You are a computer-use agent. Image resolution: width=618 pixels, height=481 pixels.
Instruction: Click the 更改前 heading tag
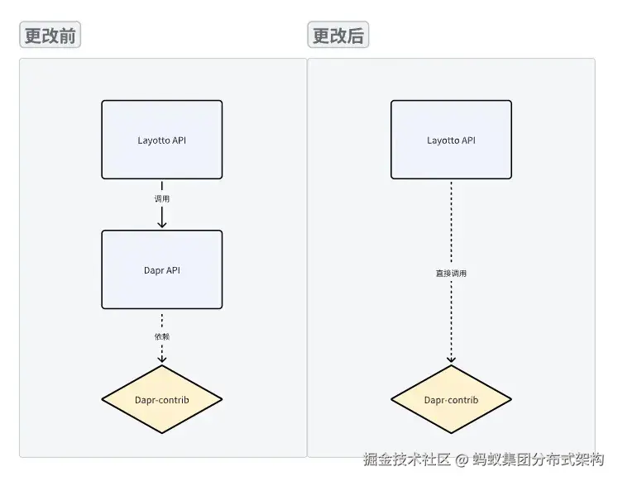click(50, 36)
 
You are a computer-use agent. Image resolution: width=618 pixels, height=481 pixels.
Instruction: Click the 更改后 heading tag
click(338, 36)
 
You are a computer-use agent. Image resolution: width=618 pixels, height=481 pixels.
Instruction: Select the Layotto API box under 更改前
click(162, 140)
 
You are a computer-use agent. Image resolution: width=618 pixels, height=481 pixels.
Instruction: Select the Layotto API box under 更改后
click(451, 140)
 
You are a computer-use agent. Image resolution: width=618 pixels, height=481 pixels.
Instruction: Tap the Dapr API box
click(162, 269)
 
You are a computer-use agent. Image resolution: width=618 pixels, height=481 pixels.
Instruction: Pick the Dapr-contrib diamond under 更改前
click(162, 400)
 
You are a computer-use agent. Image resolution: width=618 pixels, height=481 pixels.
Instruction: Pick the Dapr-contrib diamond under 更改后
click(451, 400)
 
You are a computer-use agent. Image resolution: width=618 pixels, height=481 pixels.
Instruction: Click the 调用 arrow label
click(162, 199)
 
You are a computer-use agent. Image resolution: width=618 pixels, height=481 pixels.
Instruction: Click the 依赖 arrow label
click(162, 336)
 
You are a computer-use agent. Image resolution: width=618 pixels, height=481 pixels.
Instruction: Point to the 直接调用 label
click(451, 273)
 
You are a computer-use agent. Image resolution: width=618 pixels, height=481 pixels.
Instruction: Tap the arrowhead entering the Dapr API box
click(162, 223)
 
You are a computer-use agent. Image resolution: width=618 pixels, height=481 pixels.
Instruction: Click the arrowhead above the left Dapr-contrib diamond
click(162, 359)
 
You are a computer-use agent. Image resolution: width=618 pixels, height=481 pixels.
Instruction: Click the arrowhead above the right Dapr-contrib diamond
click(451, 359)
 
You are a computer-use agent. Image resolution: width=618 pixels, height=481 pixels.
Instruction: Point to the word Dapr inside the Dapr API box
click(154, 269)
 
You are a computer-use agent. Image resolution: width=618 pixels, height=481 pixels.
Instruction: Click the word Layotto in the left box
click(154, 140)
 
